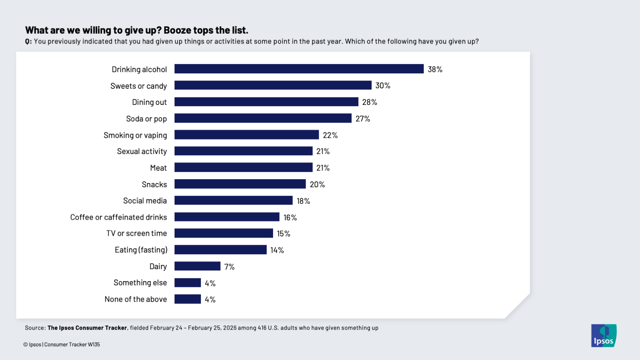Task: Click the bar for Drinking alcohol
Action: click(x=299, y=69)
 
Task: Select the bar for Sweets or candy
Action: click(x=273, y=85)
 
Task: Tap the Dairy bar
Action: click(x=197, y=266)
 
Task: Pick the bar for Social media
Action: click(x=233, y=200)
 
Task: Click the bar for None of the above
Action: click(x=187, y=299)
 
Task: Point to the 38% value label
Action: click(x=435, y=70)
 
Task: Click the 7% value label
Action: click(x=229, y=267)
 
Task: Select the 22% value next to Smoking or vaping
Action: click(x=330, y=135)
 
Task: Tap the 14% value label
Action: click(x=277, y=250)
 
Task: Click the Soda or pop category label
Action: click(x=146, y=119)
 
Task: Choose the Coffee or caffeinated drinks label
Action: click(x=119, y=218)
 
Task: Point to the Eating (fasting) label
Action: click(x=141, y=250)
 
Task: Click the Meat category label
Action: click(x=158, y=168)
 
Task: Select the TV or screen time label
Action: click(x=137, y=234)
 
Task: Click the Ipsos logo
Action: click(x=603, y=336)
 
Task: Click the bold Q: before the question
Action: click(x=28, y=42)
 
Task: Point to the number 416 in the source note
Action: click(x=262, y=328)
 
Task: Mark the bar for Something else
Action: click(x=187, y=283)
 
